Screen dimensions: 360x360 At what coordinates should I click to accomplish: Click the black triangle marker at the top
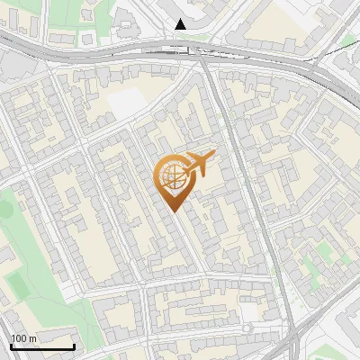(181, 24)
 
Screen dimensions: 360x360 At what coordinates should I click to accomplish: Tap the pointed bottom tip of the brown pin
(173, 211)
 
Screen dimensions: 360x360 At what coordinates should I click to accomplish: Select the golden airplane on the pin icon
(199, 164)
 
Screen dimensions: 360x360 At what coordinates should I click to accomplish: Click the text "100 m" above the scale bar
(23, 338)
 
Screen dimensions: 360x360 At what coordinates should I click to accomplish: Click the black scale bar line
(41, 346)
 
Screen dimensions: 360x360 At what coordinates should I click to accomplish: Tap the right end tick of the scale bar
(74, 345)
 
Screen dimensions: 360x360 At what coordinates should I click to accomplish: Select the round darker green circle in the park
(5, 209)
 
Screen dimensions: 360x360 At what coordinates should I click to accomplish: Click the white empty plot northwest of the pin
(126, 103)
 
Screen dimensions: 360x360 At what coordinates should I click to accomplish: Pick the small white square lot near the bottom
(248, 311)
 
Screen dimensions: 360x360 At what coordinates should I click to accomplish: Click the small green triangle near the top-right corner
(349, 40)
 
